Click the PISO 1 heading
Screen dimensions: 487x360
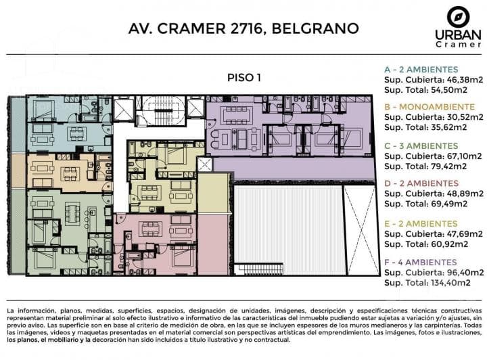[x=244, y=78]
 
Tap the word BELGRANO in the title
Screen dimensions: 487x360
[x=315, y=28]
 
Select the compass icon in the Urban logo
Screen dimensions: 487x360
[x=458, y=18]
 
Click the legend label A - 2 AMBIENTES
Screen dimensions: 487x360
[x=421, y=70]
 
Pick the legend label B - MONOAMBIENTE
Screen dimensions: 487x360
[x=430, y=107]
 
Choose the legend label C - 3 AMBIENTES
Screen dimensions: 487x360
[x=421, y=146]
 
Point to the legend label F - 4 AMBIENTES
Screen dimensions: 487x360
[x=421, y=263]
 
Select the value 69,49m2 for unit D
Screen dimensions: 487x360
[x=449, y=204]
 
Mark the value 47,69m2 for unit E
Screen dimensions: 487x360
[x=465, y=234]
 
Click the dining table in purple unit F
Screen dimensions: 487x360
[x=237, y=114]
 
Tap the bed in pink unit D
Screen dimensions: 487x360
[x=183, y=254]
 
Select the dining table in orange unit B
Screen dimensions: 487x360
[x=70, y=174]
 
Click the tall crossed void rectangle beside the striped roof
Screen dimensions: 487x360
[x=361, y=230]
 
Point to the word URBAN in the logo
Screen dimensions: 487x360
[x=458, y=35]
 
